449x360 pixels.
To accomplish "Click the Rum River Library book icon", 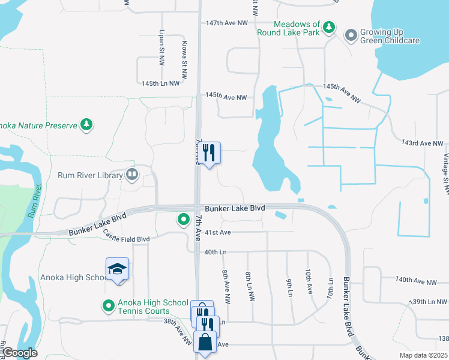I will click(x=132, y=175).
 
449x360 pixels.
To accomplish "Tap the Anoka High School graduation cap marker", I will click(x=118, y=269).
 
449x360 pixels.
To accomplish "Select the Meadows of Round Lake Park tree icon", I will click(x=328, y=27).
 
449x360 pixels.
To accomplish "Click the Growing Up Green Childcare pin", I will click(x=351, y=36).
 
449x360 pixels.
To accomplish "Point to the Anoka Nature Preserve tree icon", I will click(x=87, y=125).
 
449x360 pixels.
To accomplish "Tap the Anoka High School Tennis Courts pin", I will click(x=109, y=307).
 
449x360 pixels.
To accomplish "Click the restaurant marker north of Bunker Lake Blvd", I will click(x=209, y=153).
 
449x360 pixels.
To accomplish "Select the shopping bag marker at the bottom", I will click(x=205, y=343).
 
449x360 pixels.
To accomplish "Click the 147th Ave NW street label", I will click(x=226, y=23).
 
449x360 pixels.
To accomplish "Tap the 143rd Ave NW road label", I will click(x=422, y=143).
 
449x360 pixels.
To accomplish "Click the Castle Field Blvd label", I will click(x=125, y=239).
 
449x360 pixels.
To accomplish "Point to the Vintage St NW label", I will click(x=445, y=174).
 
